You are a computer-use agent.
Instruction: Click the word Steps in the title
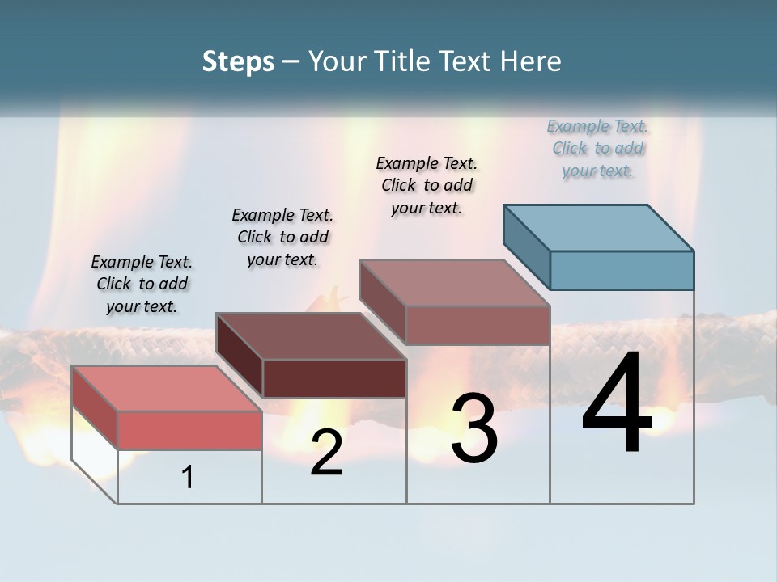[238, 61]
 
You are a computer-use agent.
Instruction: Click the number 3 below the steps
[474, 428]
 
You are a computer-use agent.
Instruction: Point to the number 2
[326, 453]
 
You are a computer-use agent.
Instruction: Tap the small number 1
[188, 478]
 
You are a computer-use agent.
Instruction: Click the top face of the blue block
[599, 227]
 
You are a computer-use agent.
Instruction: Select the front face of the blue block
[622, 270]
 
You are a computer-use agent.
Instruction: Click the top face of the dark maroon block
[311, 335]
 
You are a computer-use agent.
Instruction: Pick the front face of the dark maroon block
[334, 378]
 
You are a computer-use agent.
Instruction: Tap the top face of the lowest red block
[167, 388]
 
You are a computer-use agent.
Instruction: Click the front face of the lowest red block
[189, 430]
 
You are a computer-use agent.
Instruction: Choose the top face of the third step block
[455, 282]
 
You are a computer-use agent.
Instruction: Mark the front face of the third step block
[478, 325]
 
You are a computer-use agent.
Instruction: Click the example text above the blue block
[597, 149]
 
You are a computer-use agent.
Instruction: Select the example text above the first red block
[142, 284]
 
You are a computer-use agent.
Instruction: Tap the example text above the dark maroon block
[282, 237]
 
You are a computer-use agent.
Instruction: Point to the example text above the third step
[427, 185]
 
